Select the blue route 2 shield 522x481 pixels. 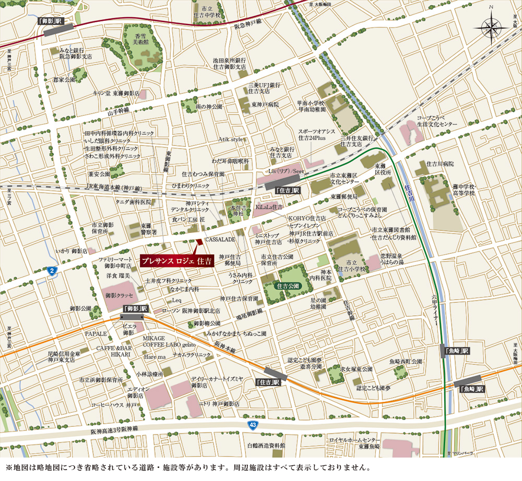click(x=51, y=270)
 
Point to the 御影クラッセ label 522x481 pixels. click(x=119, y=295)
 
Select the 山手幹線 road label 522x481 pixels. click(x=118, y=112)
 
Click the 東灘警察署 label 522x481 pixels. click(x=149, y=229)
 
